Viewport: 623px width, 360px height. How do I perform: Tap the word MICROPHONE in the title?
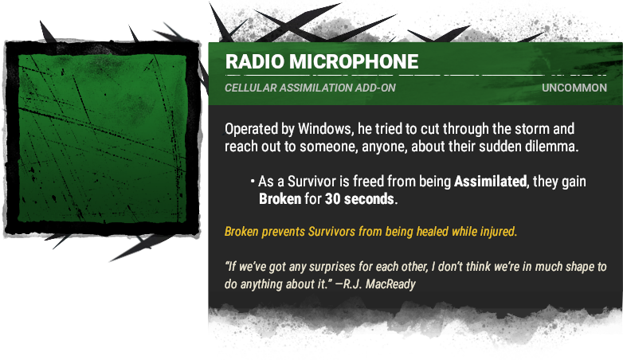click(x=354, y=61)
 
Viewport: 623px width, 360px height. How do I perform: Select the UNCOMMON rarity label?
click(x=574, y=88)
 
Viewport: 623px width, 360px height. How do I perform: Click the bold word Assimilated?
click(x=490, y=181)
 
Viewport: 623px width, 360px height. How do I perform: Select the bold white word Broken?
click(x=280, y=198)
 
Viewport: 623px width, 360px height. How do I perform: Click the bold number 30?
click(x=332, y=198)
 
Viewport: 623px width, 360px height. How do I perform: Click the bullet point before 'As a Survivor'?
click(x=253, y=182)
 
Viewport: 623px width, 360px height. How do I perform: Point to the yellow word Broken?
click(x=241, y=231)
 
